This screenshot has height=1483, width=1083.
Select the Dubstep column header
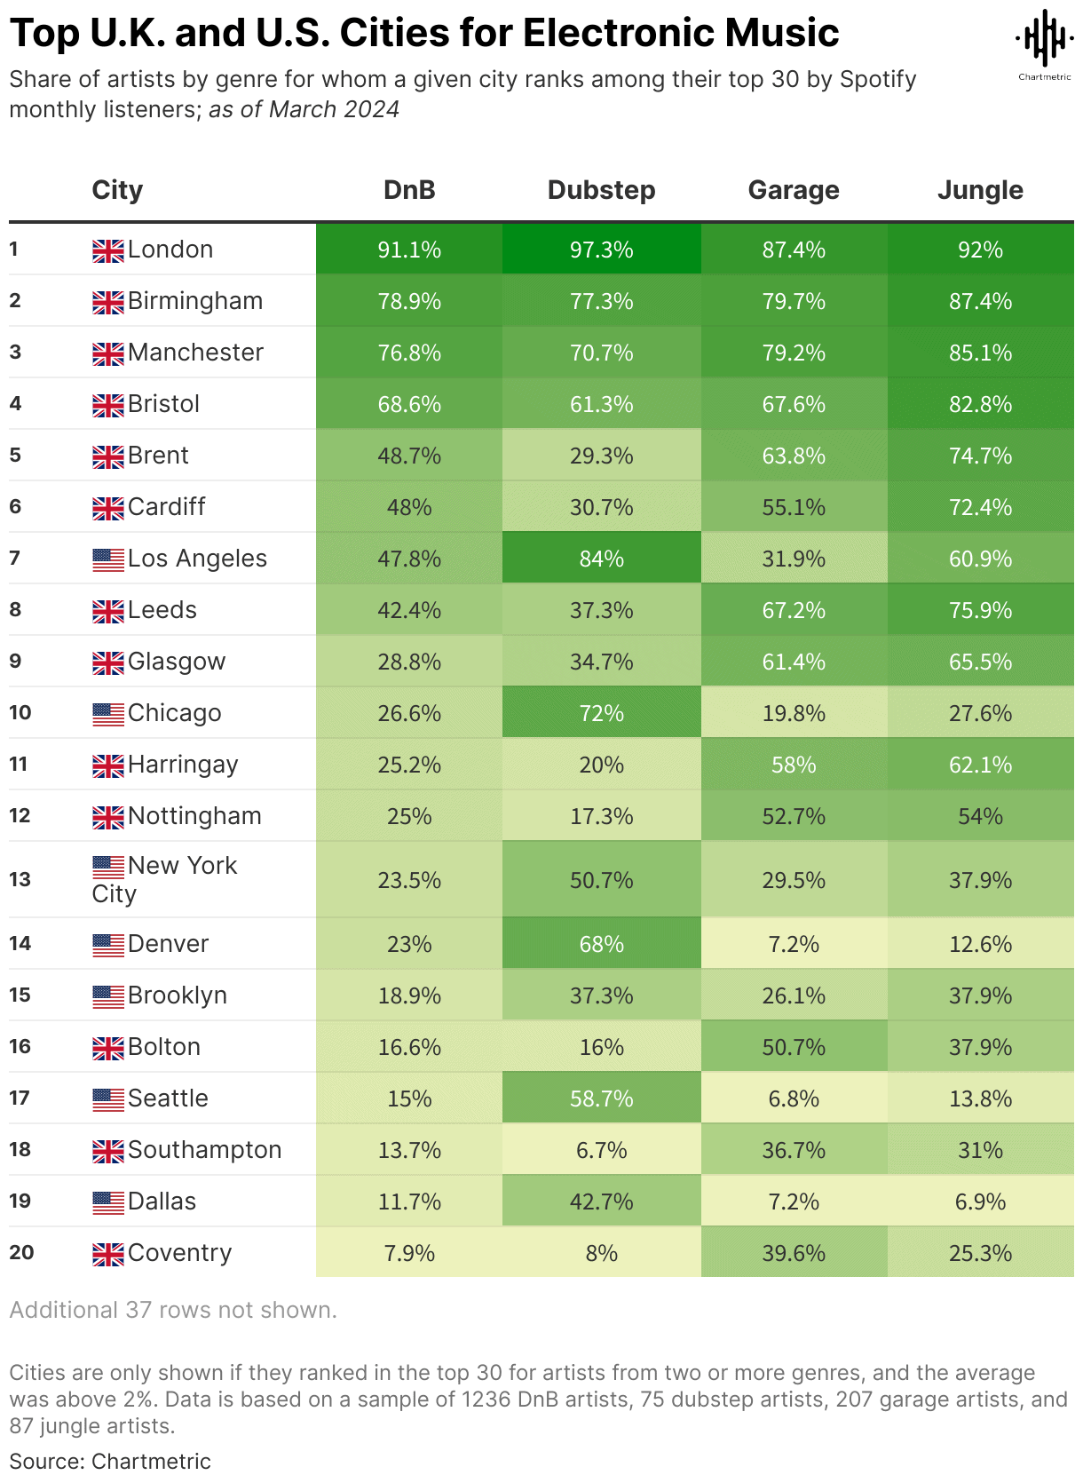coord(601,190)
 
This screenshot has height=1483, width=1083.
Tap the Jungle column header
coord(980,190)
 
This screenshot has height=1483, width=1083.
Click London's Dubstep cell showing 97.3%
coord(601,250)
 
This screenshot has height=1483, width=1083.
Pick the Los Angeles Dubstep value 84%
coord(601,559)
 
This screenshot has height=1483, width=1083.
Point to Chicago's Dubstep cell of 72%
coord(601,713)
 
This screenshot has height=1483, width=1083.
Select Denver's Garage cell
coord(794,944)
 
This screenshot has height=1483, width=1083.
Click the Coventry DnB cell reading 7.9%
coord(409,1253)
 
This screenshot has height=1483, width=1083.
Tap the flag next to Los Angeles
coord(108,559)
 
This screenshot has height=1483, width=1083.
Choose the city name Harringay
coord(183,765)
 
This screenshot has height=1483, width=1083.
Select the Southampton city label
coord(204,1150)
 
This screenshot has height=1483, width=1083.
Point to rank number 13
coord(20,879)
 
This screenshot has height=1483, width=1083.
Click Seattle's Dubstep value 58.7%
coord(601,1098)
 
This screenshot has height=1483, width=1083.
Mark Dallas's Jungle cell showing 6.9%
coord(980,1201)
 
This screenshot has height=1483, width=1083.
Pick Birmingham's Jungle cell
coord(980,301)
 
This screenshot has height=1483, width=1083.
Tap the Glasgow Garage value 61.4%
coord(794,662)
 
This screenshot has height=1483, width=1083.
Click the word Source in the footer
coord(45,1461)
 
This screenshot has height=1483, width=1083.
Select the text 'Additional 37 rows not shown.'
coord(173,1310)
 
